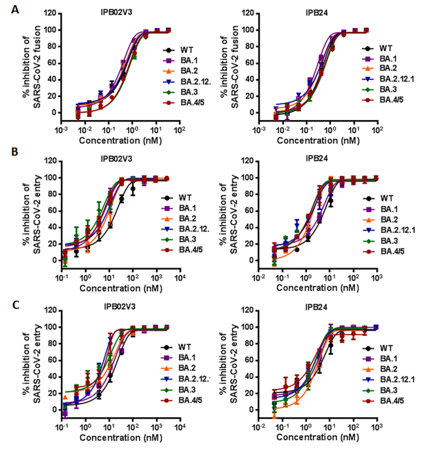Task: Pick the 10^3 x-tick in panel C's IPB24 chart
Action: (x=375, y=426)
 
